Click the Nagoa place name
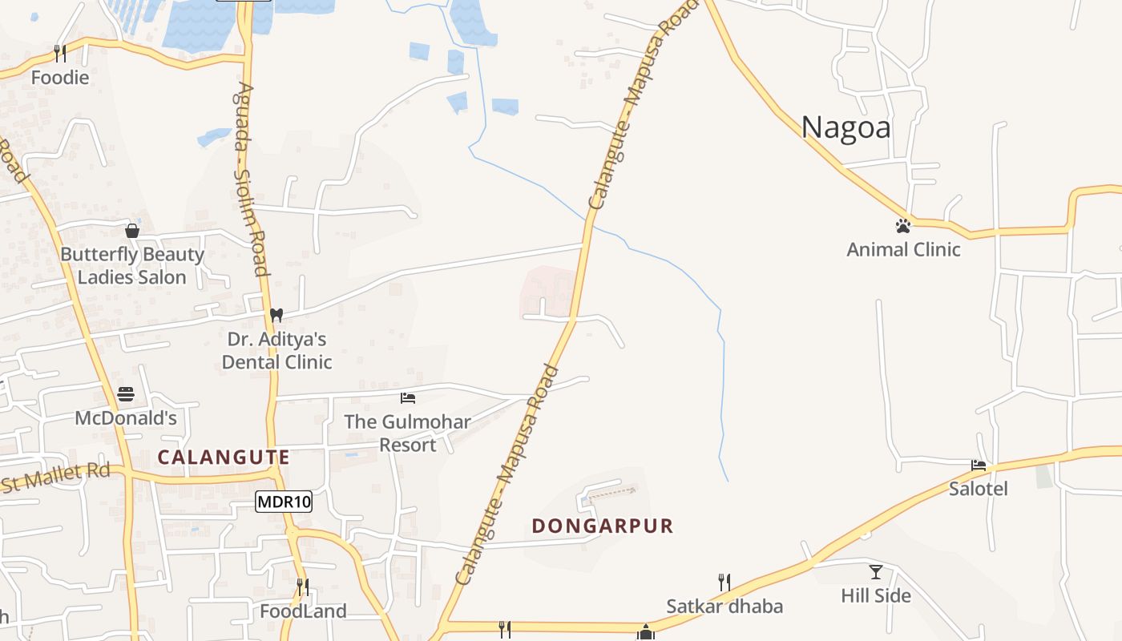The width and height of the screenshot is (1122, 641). pos(846,127)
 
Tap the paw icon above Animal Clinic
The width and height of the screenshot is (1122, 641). pos(903,226)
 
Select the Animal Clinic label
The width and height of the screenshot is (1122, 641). pos(903,249)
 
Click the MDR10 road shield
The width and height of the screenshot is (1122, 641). pos(284,502)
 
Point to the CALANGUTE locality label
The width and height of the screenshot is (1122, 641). pos(224,458)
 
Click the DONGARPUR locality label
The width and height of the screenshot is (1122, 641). pos(603,526)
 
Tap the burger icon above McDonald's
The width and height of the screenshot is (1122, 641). pos(126,394)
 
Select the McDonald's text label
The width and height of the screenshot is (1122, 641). pos(126,418)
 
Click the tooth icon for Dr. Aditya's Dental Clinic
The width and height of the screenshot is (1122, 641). pos(276,315)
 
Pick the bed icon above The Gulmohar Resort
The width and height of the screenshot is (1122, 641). pos(408,398)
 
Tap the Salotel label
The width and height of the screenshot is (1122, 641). pos(978,489)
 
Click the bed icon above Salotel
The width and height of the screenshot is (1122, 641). pos(978,465)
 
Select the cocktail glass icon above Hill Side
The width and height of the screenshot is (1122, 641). pos(876,572)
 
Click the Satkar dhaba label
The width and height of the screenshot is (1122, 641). pos(724,606)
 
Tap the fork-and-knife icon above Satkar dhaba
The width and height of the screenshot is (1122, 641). pos(724,583)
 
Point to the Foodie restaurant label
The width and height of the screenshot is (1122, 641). pos(60,78)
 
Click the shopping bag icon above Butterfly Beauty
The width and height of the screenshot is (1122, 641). pos(132,231)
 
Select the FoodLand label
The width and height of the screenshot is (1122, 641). pos(303,611)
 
